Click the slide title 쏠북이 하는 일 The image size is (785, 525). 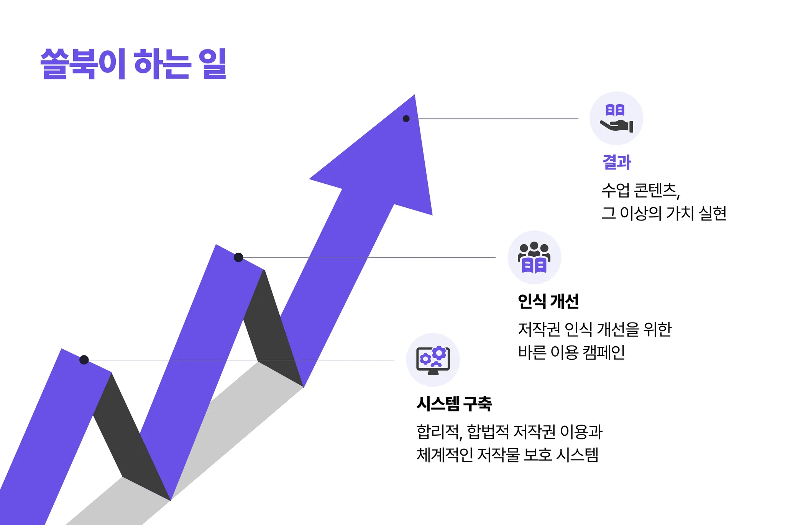(x=133, y=64)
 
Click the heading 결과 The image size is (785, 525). (x=617, y=162)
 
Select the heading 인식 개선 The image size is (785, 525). (x=548, y=301)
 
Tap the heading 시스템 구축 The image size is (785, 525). (x=454, y=403)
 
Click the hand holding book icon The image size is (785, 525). (x=616, y=118)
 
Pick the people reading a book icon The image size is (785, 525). (x=534, y=257)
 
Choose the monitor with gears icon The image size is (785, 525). (x=433, y=360)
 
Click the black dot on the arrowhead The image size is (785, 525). (x=406, y=119)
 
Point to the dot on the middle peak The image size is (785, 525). (x=238, y=257)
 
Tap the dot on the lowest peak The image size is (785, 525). (x=84, y=360)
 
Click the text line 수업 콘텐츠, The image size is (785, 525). (x=640, y=191)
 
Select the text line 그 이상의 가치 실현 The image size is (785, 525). (x=664, y=213)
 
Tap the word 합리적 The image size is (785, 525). (x=438, y=432)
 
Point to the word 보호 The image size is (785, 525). (x=538, y=455)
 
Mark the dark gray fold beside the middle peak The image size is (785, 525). (x=270, y=326)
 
